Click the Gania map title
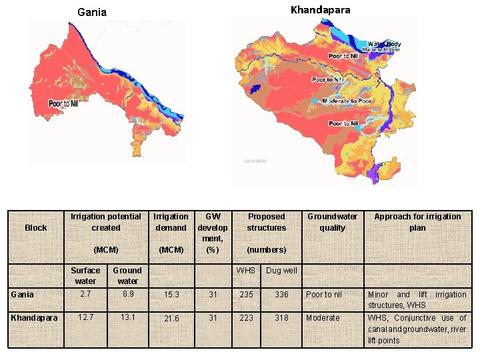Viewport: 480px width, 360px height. tap(92, 12)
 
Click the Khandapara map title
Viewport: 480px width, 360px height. tap(320, 10)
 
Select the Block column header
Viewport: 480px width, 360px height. tap(36, 228)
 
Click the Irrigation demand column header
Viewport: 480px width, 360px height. tap(171, 222)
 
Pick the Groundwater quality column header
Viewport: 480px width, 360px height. tap(332, 222)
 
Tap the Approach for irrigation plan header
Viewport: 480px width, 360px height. tap(417, 222)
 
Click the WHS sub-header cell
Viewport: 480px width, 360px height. tap(247, 270)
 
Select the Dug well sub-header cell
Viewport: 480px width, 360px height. tap(281, 271)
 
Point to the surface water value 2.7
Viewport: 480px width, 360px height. tap(85, 293)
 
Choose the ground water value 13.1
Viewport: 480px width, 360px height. tap(127, 317)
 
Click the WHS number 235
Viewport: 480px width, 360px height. tap(247, 295)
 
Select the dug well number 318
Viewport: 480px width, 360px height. tap(281, 318)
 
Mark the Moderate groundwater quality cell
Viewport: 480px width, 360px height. tap(323, 318)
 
